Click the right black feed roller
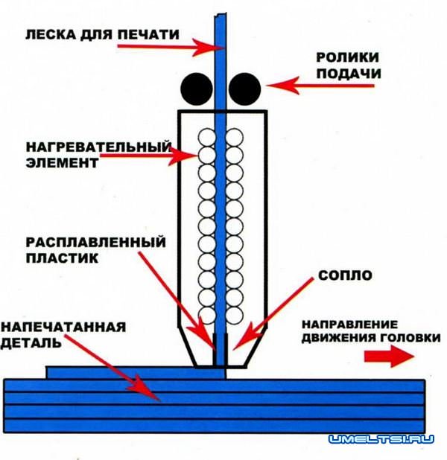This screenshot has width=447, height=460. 244,90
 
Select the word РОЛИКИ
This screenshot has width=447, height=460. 347,57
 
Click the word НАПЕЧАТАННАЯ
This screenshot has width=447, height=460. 63,326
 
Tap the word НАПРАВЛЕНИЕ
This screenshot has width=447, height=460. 352,325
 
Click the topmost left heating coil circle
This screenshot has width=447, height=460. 206,136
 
